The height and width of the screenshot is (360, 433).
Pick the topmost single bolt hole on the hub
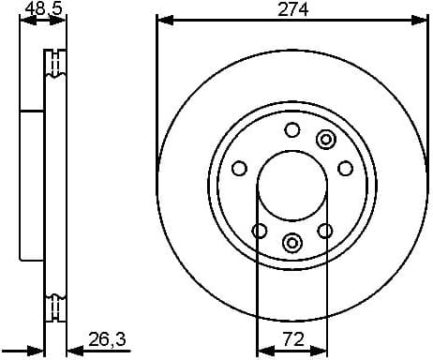point(291,130)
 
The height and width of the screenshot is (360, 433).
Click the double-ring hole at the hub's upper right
point(326,140)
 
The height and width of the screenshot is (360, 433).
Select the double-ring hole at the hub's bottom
point(291,243)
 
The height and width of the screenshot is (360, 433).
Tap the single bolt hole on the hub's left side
point(239,169)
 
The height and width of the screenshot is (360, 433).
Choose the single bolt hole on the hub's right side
point(345,168)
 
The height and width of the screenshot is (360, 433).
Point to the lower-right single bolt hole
point(325,231)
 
